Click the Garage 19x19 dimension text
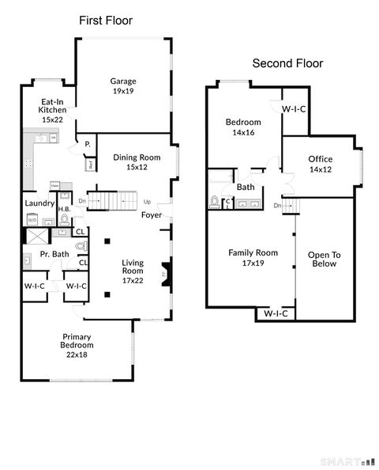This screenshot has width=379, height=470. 122,92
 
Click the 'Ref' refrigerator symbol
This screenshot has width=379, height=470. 91,165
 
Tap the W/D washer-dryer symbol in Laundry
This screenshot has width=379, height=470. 32,220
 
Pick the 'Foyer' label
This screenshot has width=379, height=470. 152,214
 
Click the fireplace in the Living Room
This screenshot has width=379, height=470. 165,275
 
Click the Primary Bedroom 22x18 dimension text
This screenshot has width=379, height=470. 77,354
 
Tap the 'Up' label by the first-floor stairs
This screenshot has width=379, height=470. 146,201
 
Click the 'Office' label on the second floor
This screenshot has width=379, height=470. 321,159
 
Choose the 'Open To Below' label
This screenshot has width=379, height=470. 322,259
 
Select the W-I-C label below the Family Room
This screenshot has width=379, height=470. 275,314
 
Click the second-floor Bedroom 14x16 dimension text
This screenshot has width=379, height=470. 243,133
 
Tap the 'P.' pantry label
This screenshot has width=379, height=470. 87,144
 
